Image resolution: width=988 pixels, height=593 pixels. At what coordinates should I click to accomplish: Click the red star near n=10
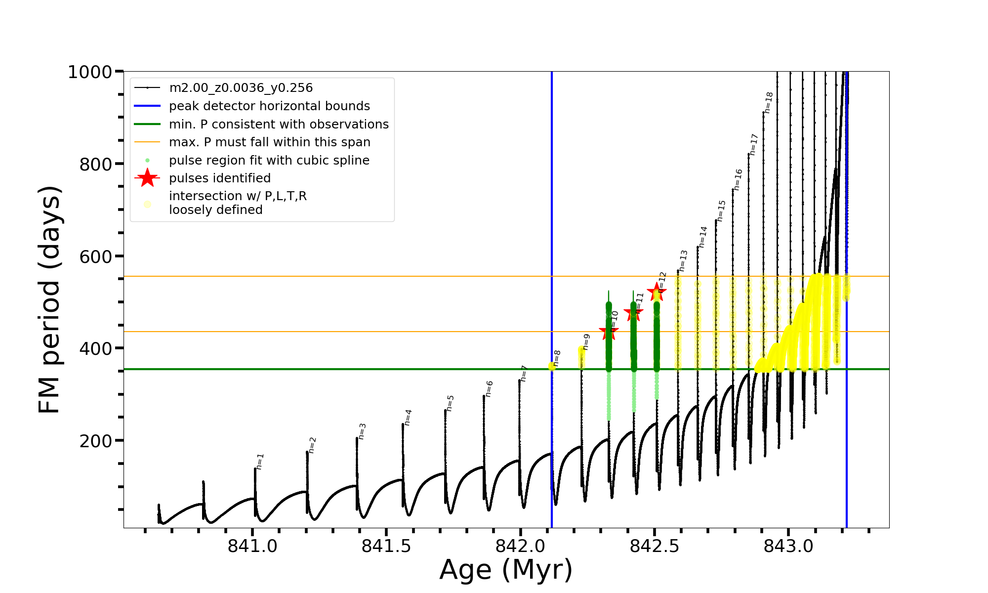click(x=609, y=332)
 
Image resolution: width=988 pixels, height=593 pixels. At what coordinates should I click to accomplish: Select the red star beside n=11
click(x=633, y=312)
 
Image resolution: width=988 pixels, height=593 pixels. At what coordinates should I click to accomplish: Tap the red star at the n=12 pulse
click(x=657, y=292)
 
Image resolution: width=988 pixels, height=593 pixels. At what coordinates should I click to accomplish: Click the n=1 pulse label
click(x=260, y=461)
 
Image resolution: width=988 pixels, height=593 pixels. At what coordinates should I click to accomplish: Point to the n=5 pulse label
click(x=450, y=403)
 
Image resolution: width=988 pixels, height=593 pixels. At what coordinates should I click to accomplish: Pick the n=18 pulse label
click(x=769, y=102)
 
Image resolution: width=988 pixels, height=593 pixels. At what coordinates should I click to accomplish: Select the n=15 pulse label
click(x=721, y=211)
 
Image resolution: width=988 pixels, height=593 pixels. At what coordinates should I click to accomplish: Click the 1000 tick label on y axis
click(x=90, y=72)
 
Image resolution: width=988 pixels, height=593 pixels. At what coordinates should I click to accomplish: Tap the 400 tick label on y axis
click(x=95, y=348)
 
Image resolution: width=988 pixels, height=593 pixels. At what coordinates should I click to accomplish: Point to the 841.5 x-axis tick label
click(x=386, y=547)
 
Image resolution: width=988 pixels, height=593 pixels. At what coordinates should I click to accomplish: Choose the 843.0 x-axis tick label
click(x=788, y=547)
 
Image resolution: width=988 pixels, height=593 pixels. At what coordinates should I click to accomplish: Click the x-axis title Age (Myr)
click(x=506, y=570)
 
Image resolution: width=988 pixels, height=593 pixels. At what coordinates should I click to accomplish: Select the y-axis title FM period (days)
click(x=50, y=299)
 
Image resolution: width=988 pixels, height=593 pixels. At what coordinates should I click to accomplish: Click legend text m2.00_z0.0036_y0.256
click(x=241, y=88)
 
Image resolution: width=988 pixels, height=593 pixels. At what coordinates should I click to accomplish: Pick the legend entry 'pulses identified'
click(x=220, y=178)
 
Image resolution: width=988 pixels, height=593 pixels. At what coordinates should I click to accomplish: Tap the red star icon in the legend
click(x=147, y=178)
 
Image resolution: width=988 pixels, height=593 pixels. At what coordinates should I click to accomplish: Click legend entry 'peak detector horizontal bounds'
click(x=269, y=106)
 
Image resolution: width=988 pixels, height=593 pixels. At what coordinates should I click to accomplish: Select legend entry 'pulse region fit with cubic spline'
click(x=269, y=161)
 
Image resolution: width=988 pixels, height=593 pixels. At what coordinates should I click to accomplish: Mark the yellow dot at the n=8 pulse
click(x=552, y=366)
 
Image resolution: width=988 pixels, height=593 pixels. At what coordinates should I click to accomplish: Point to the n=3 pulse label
click(x=362, y=431)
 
